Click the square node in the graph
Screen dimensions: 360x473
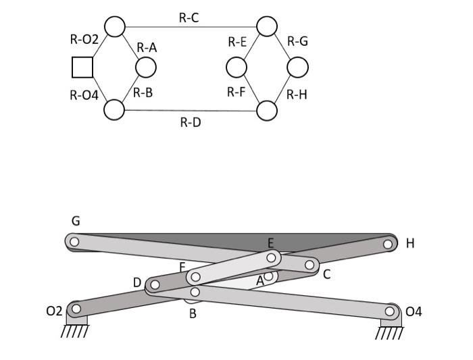(82, 68)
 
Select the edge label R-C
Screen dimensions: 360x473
(189, 18)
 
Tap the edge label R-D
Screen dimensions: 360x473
(190, 122)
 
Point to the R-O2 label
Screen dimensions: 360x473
(84, 40)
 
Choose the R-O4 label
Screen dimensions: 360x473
(84, 95)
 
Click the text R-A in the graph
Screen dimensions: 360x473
(147, 47)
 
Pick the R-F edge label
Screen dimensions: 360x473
(236, 91)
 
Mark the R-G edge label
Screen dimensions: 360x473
(297, 41)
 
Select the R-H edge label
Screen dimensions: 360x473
(297, 95)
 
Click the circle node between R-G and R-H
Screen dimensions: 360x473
(297, 68)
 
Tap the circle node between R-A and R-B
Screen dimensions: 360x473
(146, 68)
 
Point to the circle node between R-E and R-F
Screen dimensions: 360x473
(236, 68)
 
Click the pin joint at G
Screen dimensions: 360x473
(74, 241)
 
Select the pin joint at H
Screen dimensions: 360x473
(388, 244)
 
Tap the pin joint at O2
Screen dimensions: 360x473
(76, 309)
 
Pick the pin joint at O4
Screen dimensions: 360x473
(390, 311)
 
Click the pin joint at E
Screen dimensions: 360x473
(271, 257)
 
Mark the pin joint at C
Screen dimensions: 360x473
(309, 265)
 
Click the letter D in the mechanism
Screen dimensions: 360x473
(136, 282)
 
